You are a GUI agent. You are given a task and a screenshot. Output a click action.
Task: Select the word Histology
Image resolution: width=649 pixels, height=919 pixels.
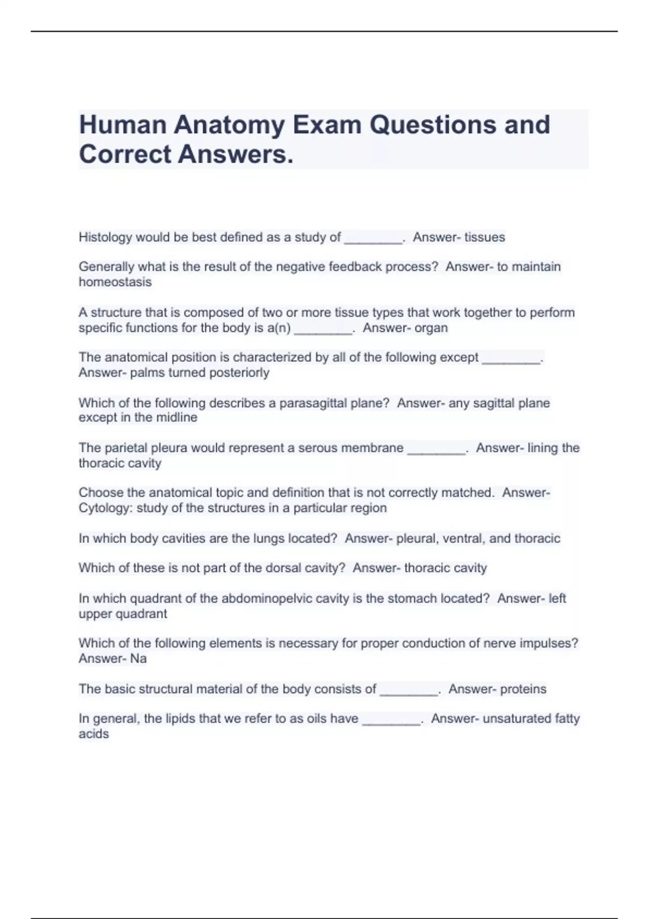[105, 237]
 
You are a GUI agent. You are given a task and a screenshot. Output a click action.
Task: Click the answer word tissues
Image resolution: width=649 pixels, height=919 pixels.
[485, 237]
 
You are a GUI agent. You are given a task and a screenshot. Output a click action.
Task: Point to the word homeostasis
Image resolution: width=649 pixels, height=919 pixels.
[115, 282]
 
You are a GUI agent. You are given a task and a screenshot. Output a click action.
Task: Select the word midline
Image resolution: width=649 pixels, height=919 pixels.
[177, 418]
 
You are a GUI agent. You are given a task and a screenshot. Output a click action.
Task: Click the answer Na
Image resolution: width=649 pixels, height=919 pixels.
[138, 659]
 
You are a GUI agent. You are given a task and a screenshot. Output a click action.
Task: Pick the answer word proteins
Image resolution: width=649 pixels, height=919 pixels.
[523, 689]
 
